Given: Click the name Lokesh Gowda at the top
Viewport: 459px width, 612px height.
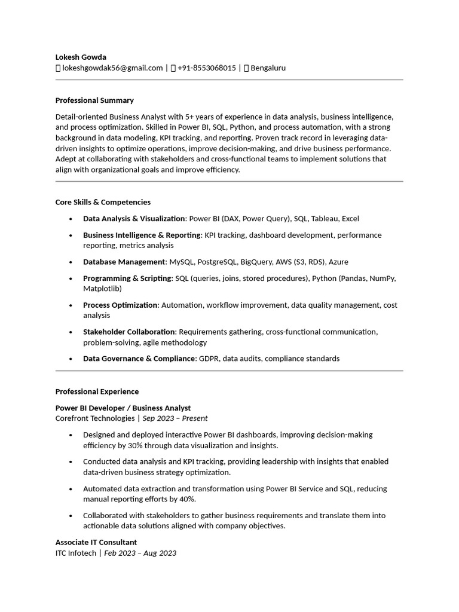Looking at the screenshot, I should click(81, 57).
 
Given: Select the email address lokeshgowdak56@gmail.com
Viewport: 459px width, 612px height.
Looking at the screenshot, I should click(112, 68).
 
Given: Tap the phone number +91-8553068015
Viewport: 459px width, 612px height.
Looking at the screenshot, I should click(206, 68).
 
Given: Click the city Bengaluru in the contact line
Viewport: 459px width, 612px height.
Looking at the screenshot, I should click(268, 68).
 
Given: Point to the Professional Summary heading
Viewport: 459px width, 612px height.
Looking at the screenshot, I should click(94, 100).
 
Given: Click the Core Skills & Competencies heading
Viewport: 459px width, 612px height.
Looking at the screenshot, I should click(103, 202).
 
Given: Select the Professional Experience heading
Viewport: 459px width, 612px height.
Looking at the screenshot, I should click(97, 391).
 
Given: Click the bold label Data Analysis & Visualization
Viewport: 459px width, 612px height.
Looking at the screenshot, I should click(134, 219).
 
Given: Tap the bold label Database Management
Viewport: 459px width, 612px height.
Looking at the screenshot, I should click(124, 262).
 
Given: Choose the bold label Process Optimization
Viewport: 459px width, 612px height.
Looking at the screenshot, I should click(120, 305).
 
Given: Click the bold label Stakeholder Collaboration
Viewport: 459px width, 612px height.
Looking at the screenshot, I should click(129, 332).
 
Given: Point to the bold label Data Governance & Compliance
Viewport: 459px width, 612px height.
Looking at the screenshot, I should click(139, 359).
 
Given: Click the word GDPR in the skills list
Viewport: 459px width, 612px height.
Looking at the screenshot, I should click(209, 359).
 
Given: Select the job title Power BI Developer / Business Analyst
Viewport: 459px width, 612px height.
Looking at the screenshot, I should click(123, 408).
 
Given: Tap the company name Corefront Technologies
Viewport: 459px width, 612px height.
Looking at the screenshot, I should click(95, 418).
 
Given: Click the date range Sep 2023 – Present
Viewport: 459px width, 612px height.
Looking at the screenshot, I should click(175, 418).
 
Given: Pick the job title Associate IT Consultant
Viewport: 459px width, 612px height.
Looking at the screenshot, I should click(96, 542).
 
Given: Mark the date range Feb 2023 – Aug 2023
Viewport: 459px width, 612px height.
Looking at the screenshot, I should click(140, 553).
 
